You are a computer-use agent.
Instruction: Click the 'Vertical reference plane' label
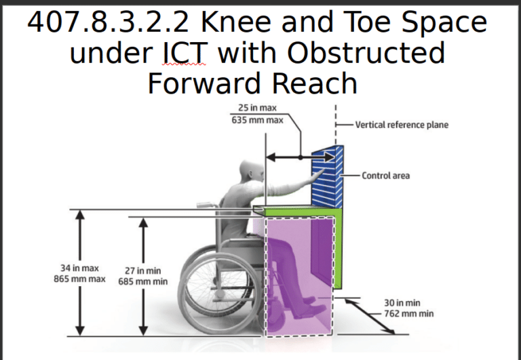(x=401, y=125)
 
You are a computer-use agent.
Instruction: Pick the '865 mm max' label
(x=79, y=279)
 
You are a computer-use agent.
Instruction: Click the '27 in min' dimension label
(x=143, y=271)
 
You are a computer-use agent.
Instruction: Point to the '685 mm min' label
(x=143, y=281)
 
